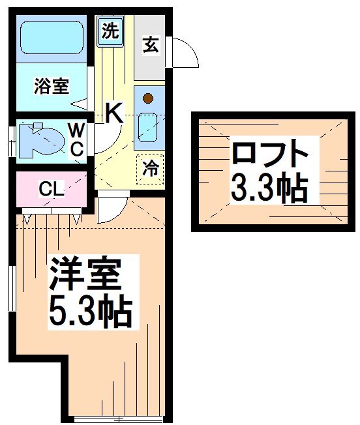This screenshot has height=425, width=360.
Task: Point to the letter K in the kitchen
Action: coord(113,114)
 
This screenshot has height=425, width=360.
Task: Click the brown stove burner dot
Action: coord(148,99)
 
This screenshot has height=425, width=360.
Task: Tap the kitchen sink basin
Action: coord(148,127)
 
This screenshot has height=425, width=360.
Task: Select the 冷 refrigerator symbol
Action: coord(149,168)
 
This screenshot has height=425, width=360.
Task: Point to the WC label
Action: coord(77,139)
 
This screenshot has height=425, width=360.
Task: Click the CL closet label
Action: coord(50,190)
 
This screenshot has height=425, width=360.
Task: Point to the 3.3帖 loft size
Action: coord(267,188)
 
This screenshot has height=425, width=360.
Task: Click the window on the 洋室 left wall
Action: coord(12,287)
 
